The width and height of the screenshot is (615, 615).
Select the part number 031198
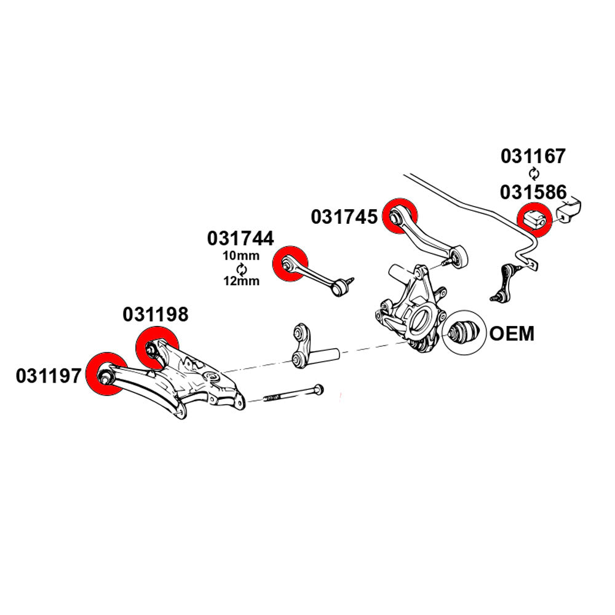click(155, 315)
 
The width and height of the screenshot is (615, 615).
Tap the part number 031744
click(240, 238)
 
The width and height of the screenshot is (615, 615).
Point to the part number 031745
click(344, 216)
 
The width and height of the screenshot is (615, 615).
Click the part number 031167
click(533, 156)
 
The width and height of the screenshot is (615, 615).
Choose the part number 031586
click(533, 192)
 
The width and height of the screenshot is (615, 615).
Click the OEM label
click(512, 334)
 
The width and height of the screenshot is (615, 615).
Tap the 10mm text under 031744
click(241, 256)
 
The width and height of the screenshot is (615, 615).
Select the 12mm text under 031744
click(241, 281)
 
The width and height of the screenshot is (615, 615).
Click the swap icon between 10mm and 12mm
click(241, 269)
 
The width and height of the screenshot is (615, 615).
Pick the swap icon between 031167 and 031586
click(533, 174)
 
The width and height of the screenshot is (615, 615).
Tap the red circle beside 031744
click(290, 264)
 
